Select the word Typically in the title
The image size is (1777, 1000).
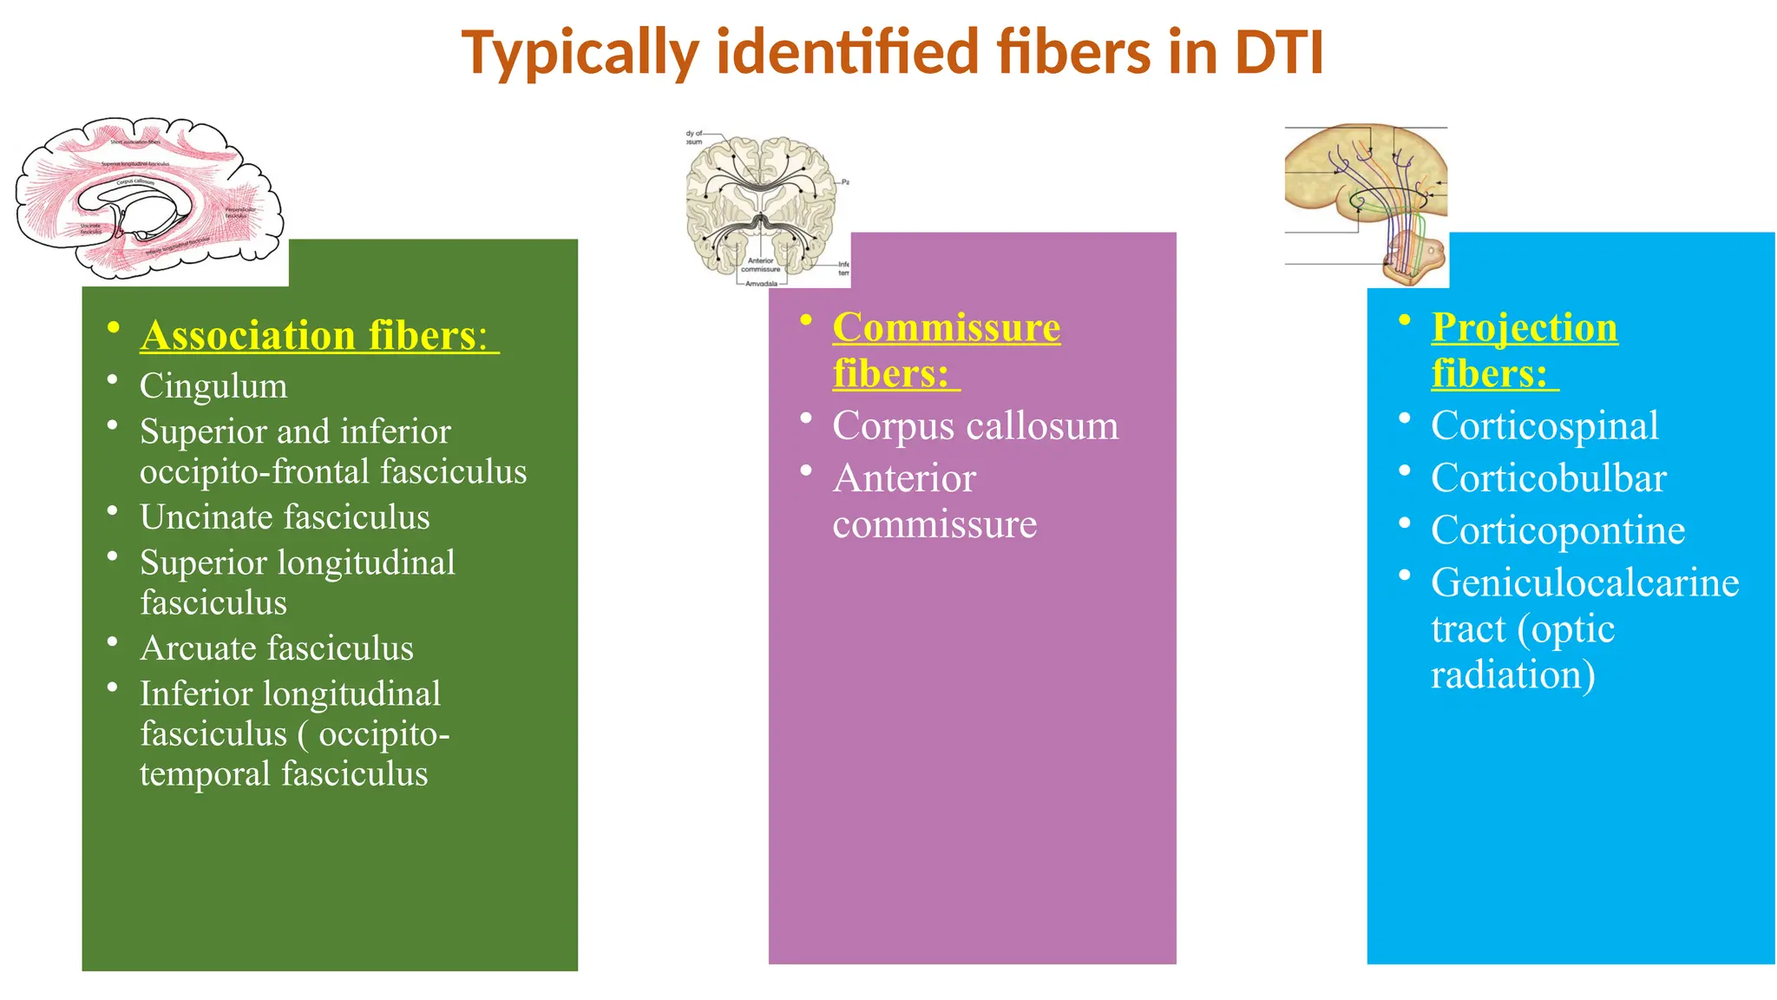580,54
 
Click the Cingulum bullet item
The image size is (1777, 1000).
213,385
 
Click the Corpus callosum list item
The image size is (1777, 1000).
975,425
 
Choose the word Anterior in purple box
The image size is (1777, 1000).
904,478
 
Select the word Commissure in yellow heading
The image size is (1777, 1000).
946,327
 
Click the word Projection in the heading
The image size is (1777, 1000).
1525,327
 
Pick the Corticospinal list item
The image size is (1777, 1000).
1544,425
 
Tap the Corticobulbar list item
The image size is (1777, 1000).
1549,478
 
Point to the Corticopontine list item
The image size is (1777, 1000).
1557,530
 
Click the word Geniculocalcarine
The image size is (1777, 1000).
1584,582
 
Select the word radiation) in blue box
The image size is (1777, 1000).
1512,674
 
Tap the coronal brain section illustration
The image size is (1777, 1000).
761,208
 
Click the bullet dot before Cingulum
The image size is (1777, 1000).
113,379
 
